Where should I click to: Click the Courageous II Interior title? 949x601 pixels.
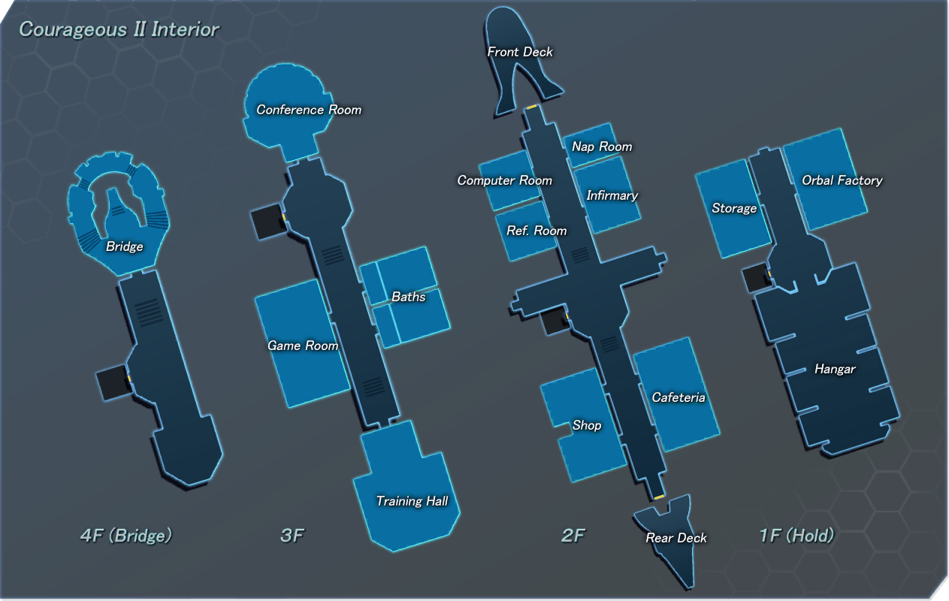pyautogui.click(x=119, y=29)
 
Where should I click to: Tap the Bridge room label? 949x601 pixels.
pyautogui.click(x=125, y=246)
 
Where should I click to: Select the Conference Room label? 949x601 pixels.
pyautogui.click(x=309, y=110)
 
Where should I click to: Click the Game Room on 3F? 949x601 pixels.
pyautogui.click(x=303, y=343)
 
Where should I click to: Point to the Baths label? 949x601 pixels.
pyautogui.click(x=409, y=297)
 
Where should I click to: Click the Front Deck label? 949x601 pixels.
pyautogui.click(x=520, y=52)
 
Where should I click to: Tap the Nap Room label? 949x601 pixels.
pyautogui.click(x=602, y=146)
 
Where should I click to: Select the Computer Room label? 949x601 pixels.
pyautogui.click(x=505, y=180)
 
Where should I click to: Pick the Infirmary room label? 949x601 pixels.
pyautogui.click(x=612, y=195)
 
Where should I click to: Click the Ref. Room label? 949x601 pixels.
pyautogui.click(x=536, y=231)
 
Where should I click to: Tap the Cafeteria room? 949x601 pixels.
pyautogui.click(x=676, y=394)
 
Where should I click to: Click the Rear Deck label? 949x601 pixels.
pyautogui.click(x=676, y=538)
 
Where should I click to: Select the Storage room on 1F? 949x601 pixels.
pyautogui.click(x=733, y=208)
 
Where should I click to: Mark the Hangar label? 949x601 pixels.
pyautogui.click(x=835, y=369)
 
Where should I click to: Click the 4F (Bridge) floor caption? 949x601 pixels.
pyautogui.click(x=126, y=536)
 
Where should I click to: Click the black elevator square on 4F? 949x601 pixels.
pyautogui.click(x=113, y=383)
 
